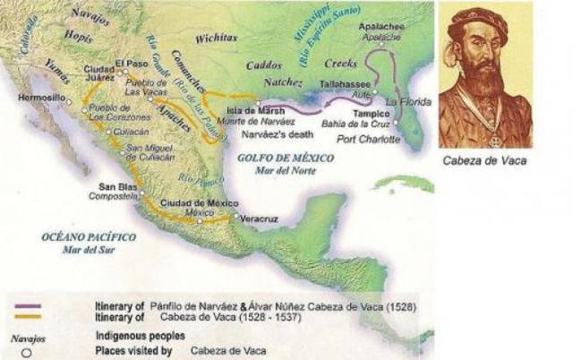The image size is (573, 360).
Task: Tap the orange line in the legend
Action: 30,315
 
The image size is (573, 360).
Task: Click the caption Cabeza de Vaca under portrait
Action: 484,162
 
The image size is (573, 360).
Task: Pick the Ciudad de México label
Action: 199,203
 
